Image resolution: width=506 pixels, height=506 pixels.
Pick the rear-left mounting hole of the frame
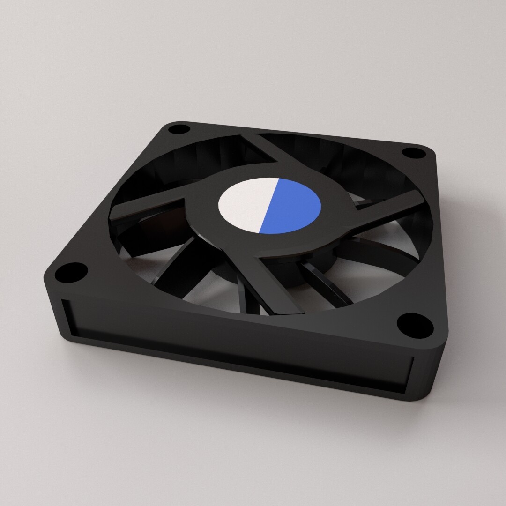click(179, 128)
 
